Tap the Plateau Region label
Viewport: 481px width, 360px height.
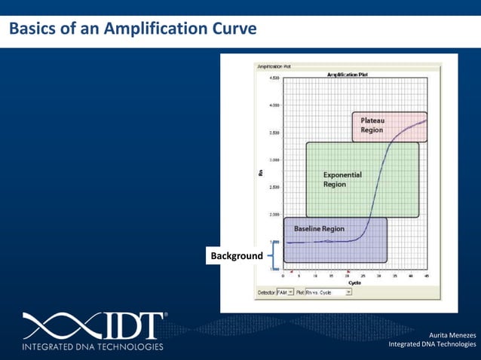tap(372, 125)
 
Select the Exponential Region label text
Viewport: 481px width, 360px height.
tap(342, 179)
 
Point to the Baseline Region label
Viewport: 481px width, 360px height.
tap(319, 228)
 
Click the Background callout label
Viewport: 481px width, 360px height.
tap(237, 256)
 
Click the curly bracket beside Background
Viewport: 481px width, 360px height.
tap(269, 255)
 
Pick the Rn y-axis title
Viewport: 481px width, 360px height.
tap(260, 172)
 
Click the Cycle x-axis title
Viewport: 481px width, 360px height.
tap(354, 283)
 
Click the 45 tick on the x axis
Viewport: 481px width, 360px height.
tap(426, 276)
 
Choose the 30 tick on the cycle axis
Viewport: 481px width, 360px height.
tap(378, 276)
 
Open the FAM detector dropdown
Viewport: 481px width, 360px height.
tap(285, 291)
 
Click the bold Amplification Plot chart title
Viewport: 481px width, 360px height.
tap(348, 75)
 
